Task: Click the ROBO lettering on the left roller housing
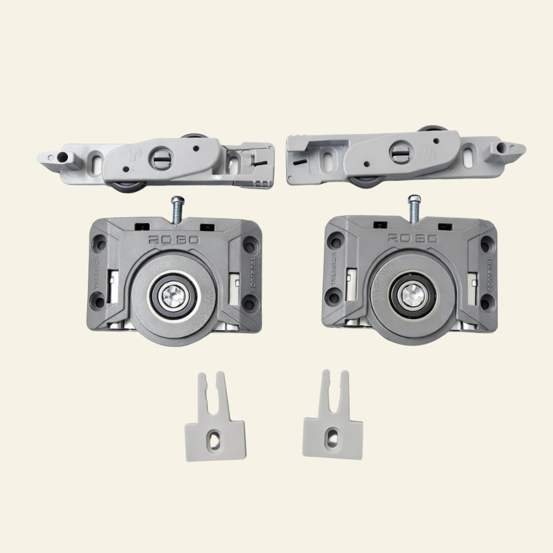click(x=174, y=239)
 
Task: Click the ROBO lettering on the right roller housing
click(x=413, y=238)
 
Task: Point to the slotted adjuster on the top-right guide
click(x=400, y=151)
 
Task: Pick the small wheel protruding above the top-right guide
click(x=432, y=131)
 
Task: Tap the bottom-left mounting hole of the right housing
click(x=333, y=299)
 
